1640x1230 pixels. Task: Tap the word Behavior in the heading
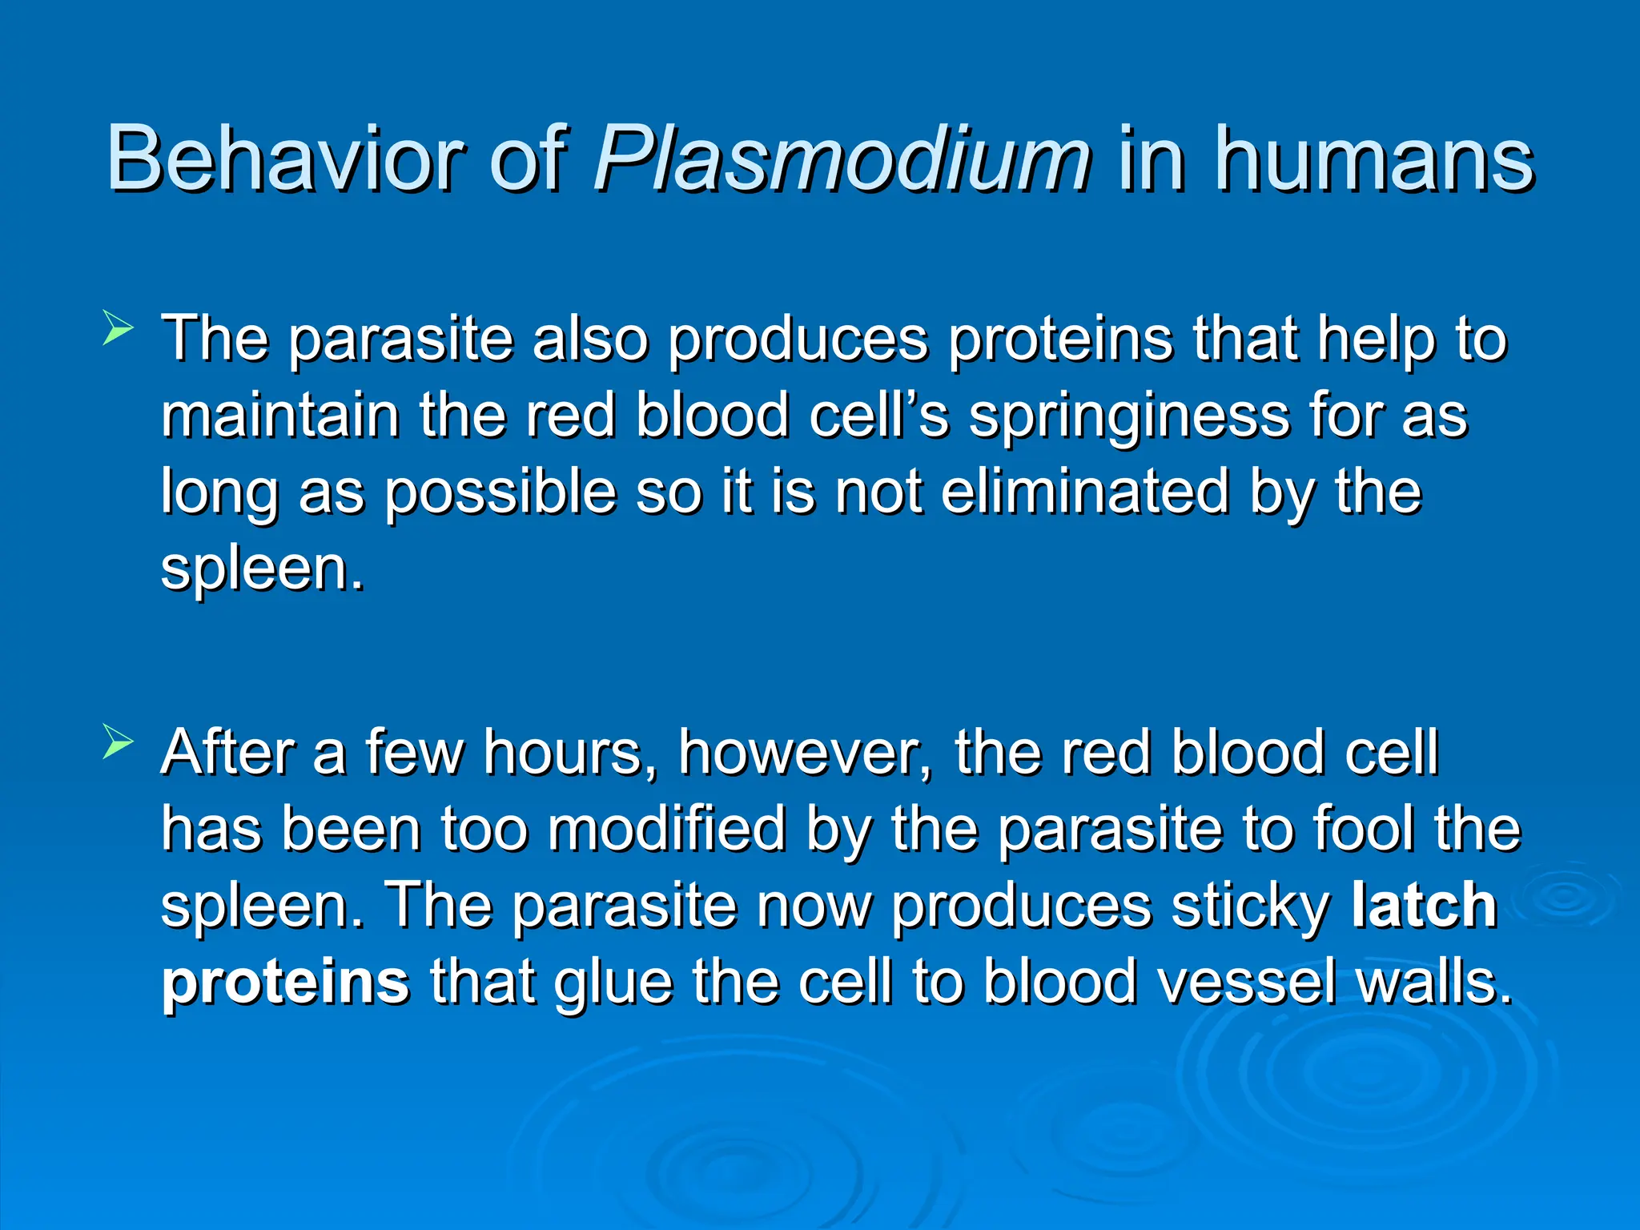point(284,159)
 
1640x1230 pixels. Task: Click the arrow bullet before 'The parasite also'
point(118,329)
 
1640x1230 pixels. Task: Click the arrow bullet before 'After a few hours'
point(118,742)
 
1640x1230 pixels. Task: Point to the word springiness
point(1129,417)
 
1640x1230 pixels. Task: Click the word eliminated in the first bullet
point(1085,492)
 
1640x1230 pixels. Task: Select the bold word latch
point(1424,906)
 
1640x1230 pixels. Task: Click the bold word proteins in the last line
point(285,982)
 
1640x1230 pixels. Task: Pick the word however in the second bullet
point(806,753)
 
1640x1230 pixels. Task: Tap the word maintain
point(280,416)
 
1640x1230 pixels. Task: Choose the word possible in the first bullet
point(500,492)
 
